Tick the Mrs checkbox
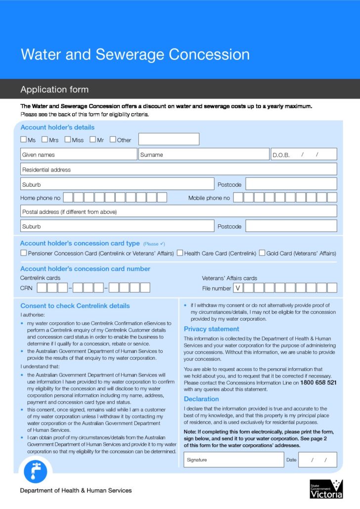click(45, 139)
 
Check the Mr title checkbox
click(92, 139)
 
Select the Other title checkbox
click(113, 139)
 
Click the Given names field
click(79, 155)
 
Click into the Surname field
click(204, 155)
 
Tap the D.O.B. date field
click(304, 155)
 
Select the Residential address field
click(179, 170)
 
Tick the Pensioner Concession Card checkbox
click(24, 253)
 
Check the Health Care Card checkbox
click(180, 253)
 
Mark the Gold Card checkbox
click(262, 253)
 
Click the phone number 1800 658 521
click(318, 382)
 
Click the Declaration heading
click(201, 399)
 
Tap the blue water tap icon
click(36, 471)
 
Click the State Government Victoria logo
click(326, 489)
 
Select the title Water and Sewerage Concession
click(135, 54)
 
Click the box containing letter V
click(238, 288)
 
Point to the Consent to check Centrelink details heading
click(75, 306)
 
